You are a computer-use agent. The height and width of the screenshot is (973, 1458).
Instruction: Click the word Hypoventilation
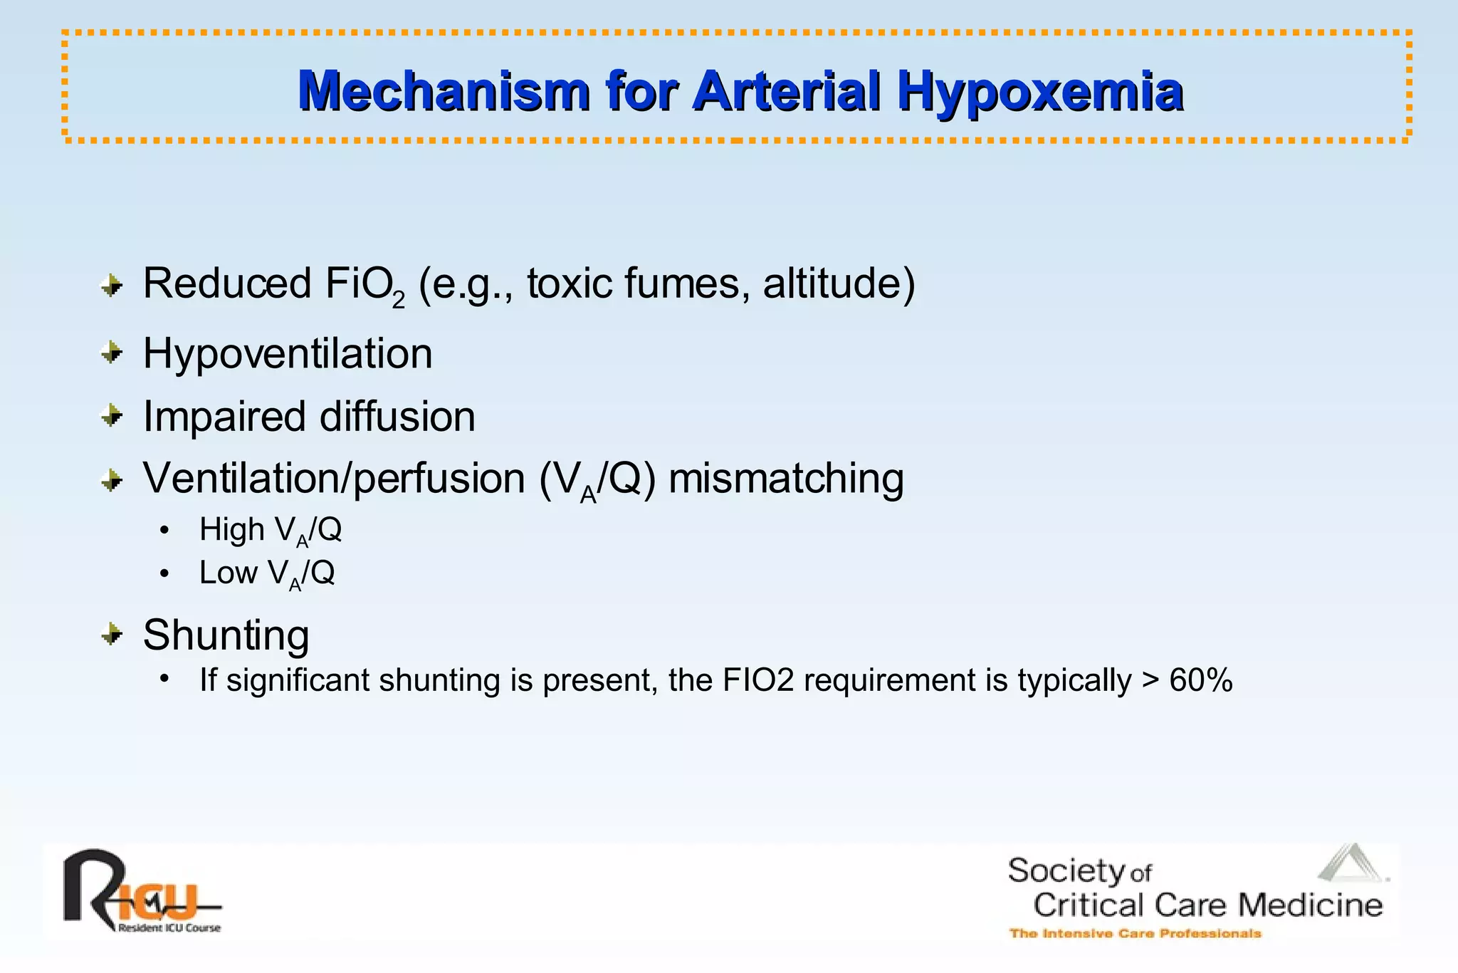[x=288, y=353]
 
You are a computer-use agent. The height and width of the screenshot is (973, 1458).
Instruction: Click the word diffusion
[x=397, y=417]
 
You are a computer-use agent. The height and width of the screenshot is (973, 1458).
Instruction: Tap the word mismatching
[x=786, y=478]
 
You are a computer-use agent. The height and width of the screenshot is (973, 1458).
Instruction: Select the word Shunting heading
[x=226, y=635]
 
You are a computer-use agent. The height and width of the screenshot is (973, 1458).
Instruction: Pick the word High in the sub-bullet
[x=231, y=529]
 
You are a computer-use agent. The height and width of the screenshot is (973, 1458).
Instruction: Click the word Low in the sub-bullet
[x=228, y=573]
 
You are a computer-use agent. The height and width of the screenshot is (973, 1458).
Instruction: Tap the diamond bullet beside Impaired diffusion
[x=112, y=415]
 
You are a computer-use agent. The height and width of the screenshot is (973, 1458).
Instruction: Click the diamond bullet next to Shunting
[x=112, y=633]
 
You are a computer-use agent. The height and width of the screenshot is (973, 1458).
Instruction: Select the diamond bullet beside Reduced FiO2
[x=112, y=286]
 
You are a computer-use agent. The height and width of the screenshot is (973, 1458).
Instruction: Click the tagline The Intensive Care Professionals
[x=1135, y=933]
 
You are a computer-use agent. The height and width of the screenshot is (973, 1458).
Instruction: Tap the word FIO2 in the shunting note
[x=757, y=680]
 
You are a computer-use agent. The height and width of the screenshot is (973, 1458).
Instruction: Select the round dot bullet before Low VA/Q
[x=164, y=573]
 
